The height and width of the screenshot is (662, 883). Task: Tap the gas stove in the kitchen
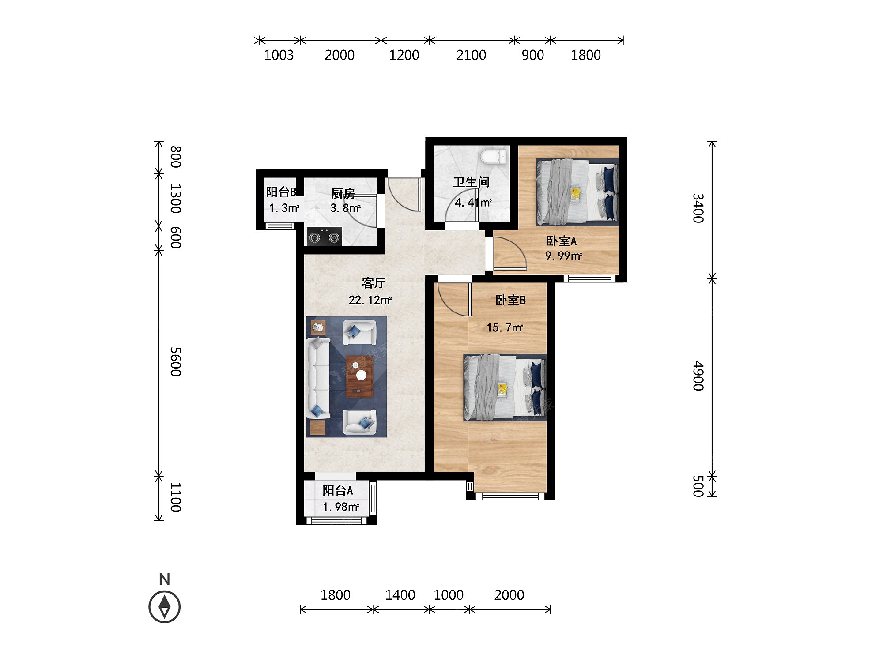coord(325,237)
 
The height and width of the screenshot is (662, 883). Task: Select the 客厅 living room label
coord(374,282)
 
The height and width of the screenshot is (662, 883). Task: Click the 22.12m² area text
coord(370,300)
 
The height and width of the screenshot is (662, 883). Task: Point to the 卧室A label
coord(561,241)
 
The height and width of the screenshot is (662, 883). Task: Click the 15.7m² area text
coord(505,327)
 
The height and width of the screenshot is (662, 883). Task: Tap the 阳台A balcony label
coord(338,490)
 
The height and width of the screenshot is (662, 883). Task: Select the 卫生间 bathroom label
coord(472,182)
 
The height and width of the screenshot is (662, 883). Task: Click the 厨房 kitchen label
coord(343,193)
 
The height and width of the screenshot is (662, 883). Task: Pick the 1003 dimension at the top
coord(279,55)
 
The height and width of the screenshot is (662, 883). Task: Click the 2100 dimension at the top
coord(471,55)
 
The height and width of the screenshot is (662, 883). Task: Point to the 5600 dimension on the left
coord(176,361)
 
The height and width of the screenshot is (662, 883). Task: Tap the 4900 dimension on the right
coord(698,376)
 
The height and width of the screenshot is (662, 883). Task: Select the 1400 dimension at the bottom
coord(400,595)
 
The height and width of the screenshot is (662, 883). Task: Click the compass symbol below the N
coord(165,606)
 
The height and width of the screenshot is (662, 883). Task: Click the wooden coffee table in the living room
coord(359,376)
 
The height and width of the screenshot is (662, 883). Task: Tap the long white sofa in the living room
coord(318,378)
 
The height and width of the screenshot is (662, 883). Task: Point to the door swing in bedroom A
coord(510,254)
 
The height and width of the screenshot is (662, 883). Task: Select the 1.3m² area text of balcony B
coord(284,208)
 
